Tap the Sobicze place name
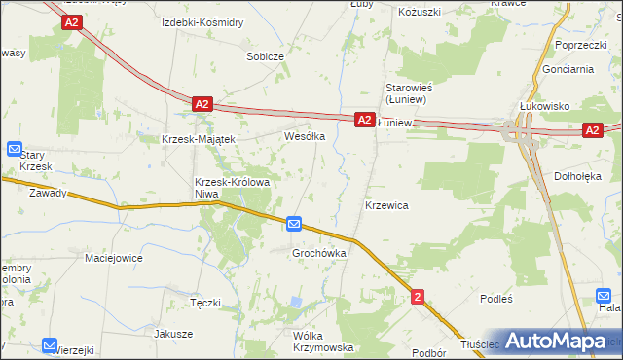point(265,56)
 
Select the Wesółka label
point(304,137)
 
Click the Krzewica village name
point(386,206)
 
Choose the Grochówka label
point(320,253)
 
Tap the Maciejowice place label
point(114,258)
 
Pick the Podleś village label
point(496,300)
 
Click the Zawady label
point(48,193)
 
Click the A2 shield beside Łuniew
point(363,120)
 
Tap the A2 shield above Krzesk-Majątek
point(202,103)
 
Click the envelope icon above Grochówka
point(295,225)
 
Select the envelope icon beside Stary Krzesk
point(15,149)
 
